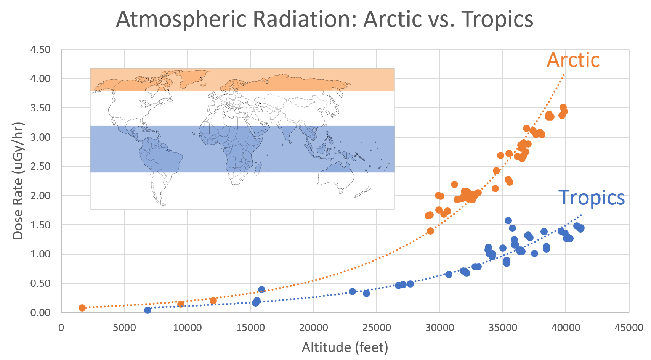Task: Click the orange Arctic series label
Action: [x=573, y=60]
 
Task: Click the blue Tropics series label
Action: [x=591, y=198]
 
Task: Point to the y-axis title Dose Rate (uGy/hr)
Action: [x=18, y=181]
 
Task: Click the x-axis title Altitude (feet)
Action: [x=345, y=347]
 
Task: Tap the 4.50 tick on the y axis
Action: [x=40, y=50]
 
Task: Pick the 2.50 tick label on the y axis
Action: [x=40, y=166]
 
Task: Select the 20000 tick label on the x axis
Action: [x=313, y=328]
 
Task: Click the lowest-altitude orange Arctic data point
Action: [x=82, y=308]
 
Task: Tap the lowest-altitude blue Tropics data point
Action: [x=148, y=310]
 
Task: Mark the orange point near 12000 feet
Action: [x=213, y=301]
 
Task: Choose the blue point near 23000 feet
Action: [x=352, y=291]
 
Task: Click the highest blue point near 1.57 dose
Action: [x=508, y=221]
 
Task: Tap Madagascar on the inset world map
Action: [x=258, y=167]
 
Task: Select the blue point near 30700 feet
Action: [x=449, y=274]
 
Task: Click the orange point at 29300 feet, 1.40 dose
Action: [x=430, y=231]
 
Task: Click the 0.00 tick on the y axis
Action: [x=40, y=313]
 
